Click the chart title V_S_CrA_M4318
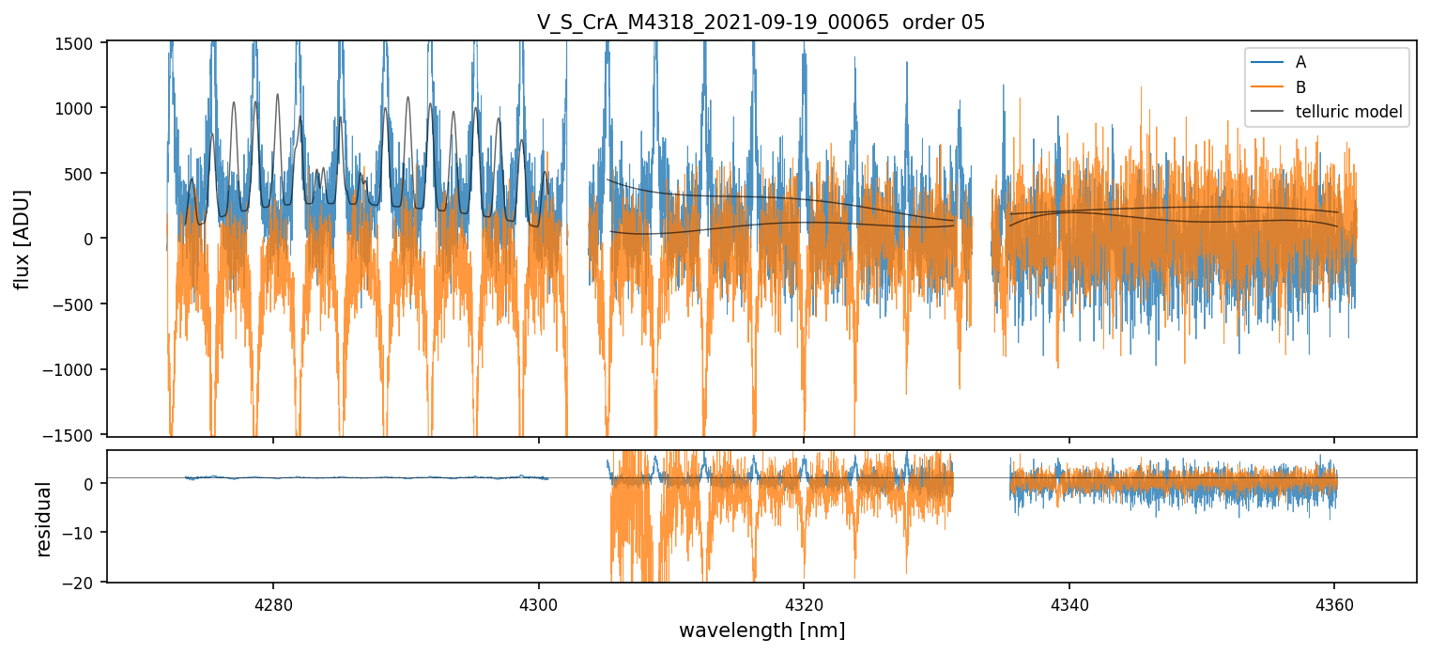pyautogui.click(x=761, y=23)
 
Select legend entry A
pyautogui.click(x=1300, y=62)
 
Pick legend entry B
pyautogui.click(x=1300, y=87)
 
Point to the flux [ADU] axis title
pyautogui.click(x=22, y=239)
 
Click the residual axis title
pyautogui.click(x=43, y=519)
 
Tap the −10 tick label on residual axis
pyautogui.click(x=85, y=533)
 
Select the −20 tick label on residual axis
pyautogui.click(x=85, y=583)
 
